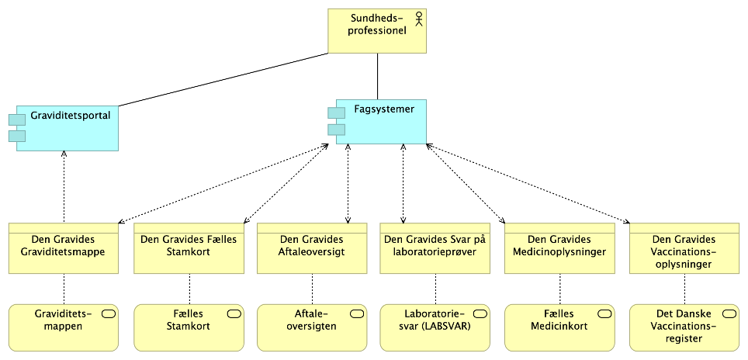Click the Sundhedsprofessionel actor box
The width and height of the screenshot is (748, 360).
coord(376,31)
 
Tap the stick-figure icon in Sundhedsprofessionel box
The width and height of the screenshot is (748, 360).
coord(419,19)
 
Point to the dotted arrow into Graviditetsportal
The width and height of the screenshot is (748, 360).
coord(64,186)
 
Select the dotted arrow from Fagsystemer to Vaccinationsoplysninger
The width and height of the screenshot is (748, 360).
coord(528,183)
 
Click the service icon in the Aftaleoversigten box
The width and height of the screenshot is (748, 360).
coord(357,313)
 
